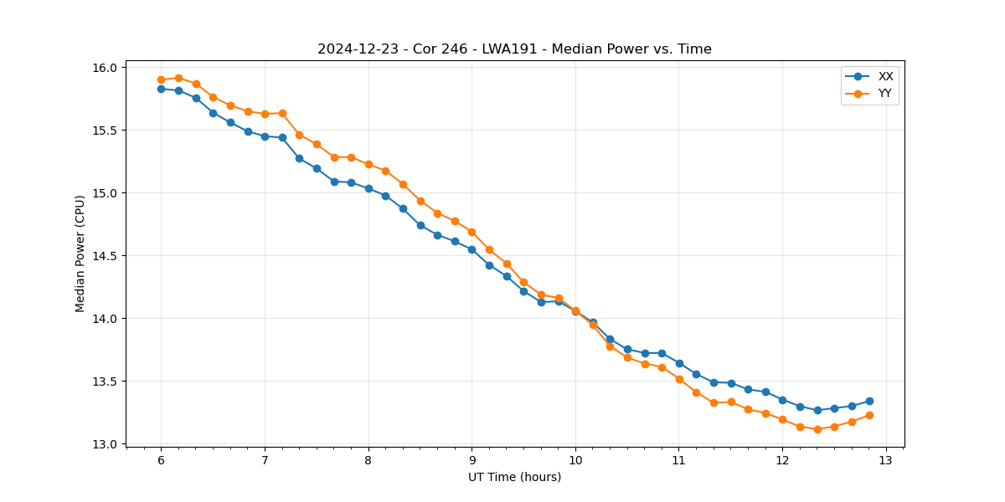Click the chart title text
pyautogui.click(x=514, y=49)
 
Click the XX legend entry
pyautogui.click(x=885, y=76)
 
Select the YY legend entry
pyautogui.click(x=884, y=94)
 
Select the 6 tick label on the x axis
pyautogui.click(x=161, y=460)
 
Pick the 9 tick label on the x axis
pyautogui.click(x=472, y=460)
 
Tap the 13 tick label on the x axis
pyautogui.click(x=886, y=460)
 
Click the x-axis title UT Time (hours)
pyautogui.click(x=514, y=477)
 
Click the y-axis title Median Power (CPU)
pyautogui.click(x=80, y=254)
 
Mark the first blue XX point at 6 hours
pyautogui.click(x=161, y=89)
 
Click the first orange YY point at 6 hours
pyautogui.click(x=161, y=79)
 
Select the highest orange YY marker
pyautogui.click(x=178, y=78)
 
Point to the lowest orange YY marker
pyautogui.click(x=817, y=429)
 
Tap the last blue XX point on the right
pyautogui.click(x=869, y=401)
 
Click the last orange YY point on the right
pyautogui.click(x=869, y=415)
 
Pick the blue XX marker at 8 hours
pyautogui.click(x=368, y=188)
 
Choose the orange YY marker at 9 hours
pyautogui.click(x=472, y=232)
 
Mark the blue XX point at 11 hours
pyautogui.click(x=679, y=363)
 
